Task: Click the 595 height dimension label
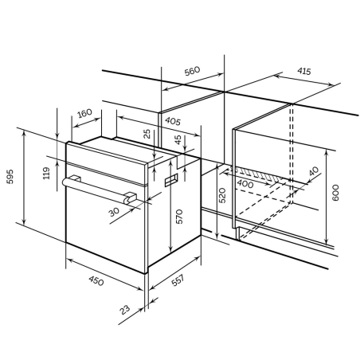[x=10, y=177]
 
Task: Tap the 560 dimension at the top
[x=192, y=71]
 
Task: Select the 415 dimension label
[x=304, y=71]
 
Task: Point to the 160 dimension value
[x=84, y=113]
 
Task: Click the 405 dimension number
[x=173, y=121]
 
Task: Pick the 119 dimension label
[x=46, y=173]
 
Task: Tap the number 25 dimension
[x=147, y=134]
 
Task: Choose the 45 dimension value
[x=178, y=139]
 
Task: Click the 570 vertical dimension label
[x=180, y=217]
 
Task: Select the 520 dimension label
[x=222, y=195]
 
